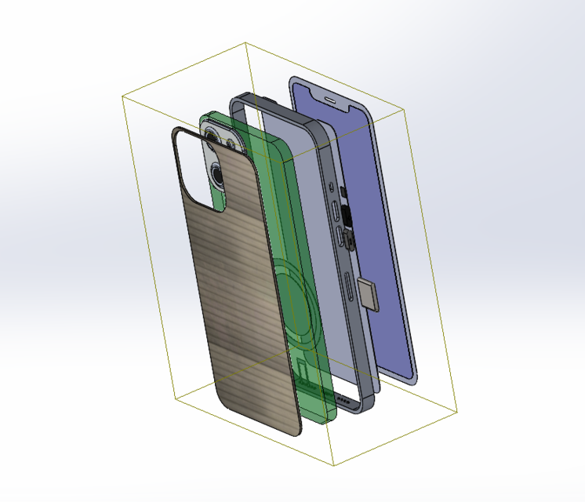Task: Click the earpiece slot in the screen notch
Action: tap(330, 100)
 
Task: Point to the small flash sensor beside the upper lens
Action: tap(229, 144)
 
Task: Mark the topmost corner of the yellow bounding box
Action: tap(245, 42)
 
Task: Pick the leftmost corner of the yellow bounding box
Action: tap(122, 96)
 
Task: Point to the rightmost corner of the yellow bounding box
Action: tap(456, 410)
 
